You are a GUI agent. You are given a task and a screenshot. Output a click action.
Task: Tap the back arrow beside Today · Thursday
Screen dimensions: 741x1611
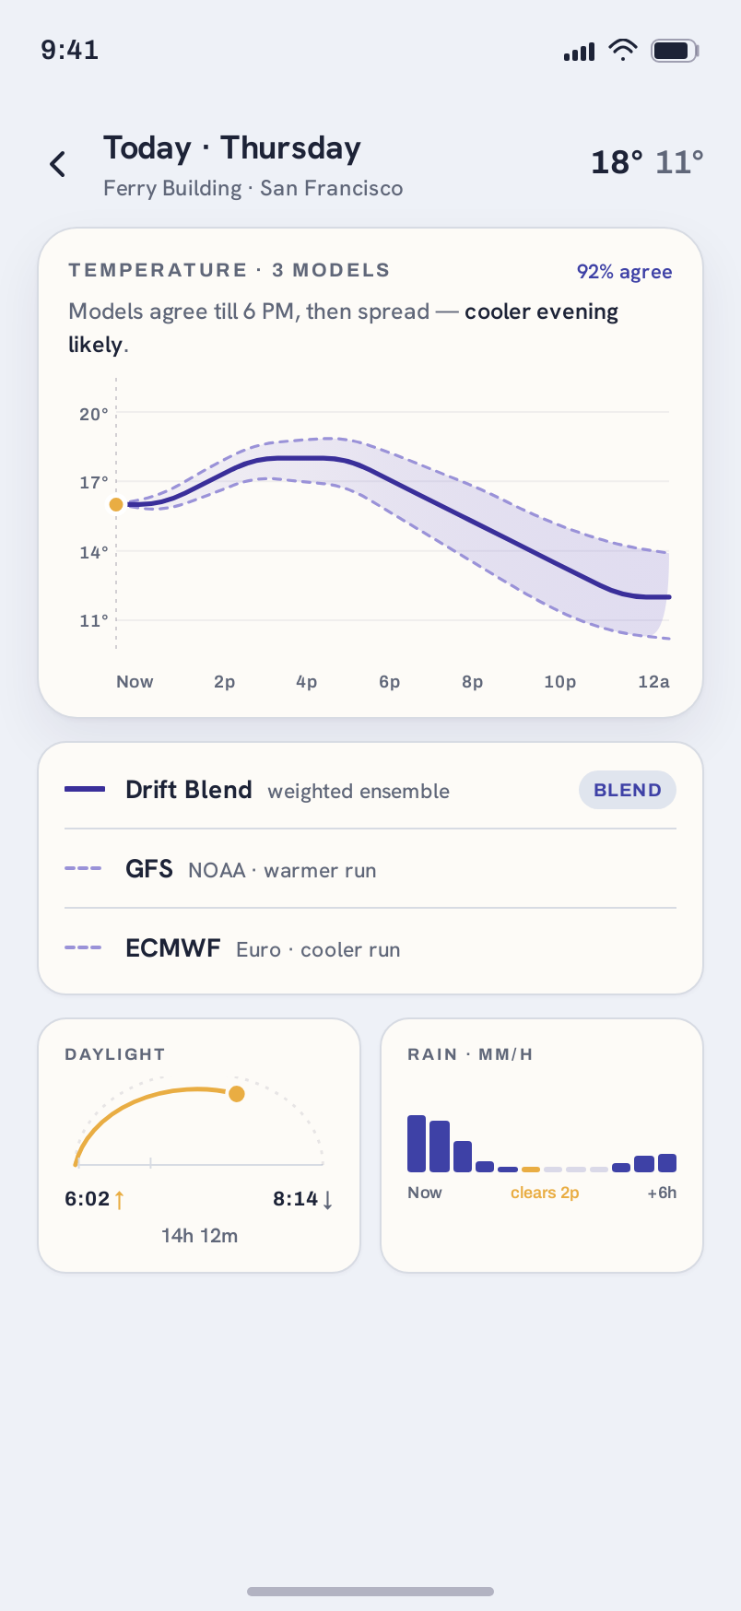pos(58,164)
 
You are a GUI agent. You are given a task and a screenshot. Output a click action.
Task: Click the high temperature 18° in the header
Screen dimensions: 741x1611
pos(617,162)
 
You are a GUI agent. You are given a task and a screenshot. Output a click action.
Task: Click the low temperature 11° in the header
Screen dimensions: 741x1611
pos(679,162)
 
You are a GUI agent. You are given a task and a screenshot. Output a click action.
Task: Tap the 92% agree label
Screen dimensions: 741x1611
pos(624,272)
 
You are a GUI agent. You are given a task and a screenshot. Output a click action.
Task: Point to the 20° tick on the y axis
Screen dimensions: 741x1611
pos(93,414)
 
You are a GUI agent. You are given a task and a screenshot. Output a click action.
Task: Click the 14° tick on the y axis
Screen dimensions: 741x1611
pos(93,552)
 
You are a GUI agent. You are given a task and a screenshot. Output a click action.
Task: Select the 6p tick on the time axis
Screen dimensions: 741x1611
pos(389,682)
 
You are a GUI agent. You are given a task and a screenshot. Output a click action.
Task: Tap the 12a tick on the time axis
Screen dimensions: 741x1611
pos(653,682)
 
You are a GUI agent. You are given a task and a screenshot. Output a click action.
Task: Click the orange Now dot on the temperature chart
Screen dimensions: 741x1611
pos(116,504)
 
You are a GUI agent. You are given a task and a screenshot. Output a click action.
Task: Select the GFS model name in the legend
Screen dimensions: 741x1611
pos(149,869)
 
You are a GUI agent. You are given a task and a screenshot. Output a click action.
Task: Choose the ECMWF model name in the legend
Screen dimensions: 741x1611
pos(173,948)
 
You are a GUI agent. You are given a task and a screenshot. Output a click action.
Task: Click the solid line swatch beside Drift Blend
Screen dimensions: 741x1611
pos(85,789)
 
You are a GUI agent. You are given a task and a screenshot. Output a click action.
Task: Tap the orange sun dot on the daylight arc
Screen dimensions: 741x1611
pos(237,1094)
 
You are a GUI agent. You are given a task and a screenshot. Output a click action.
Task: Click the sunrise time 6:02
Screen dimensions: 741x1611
pos(88,1199)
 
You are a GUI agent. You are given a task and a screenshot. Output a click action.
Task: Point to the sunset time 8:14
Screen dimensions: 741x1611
pos(295,1199)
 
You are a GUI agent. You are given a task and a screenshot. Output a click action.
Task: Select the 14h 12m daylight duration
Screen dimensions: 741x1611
pos(199,1236)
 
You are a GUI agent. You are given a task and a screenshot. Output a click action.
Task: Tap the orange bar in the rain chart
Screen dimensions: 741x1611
pos(531,1169)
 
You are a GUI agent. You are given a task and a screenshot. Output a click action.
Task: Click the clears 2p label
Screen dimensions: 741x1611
pos(545,1193)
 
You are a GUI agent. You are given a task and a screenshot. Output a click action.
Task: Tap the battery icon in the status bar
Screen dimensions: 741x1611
pos(675,51)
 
